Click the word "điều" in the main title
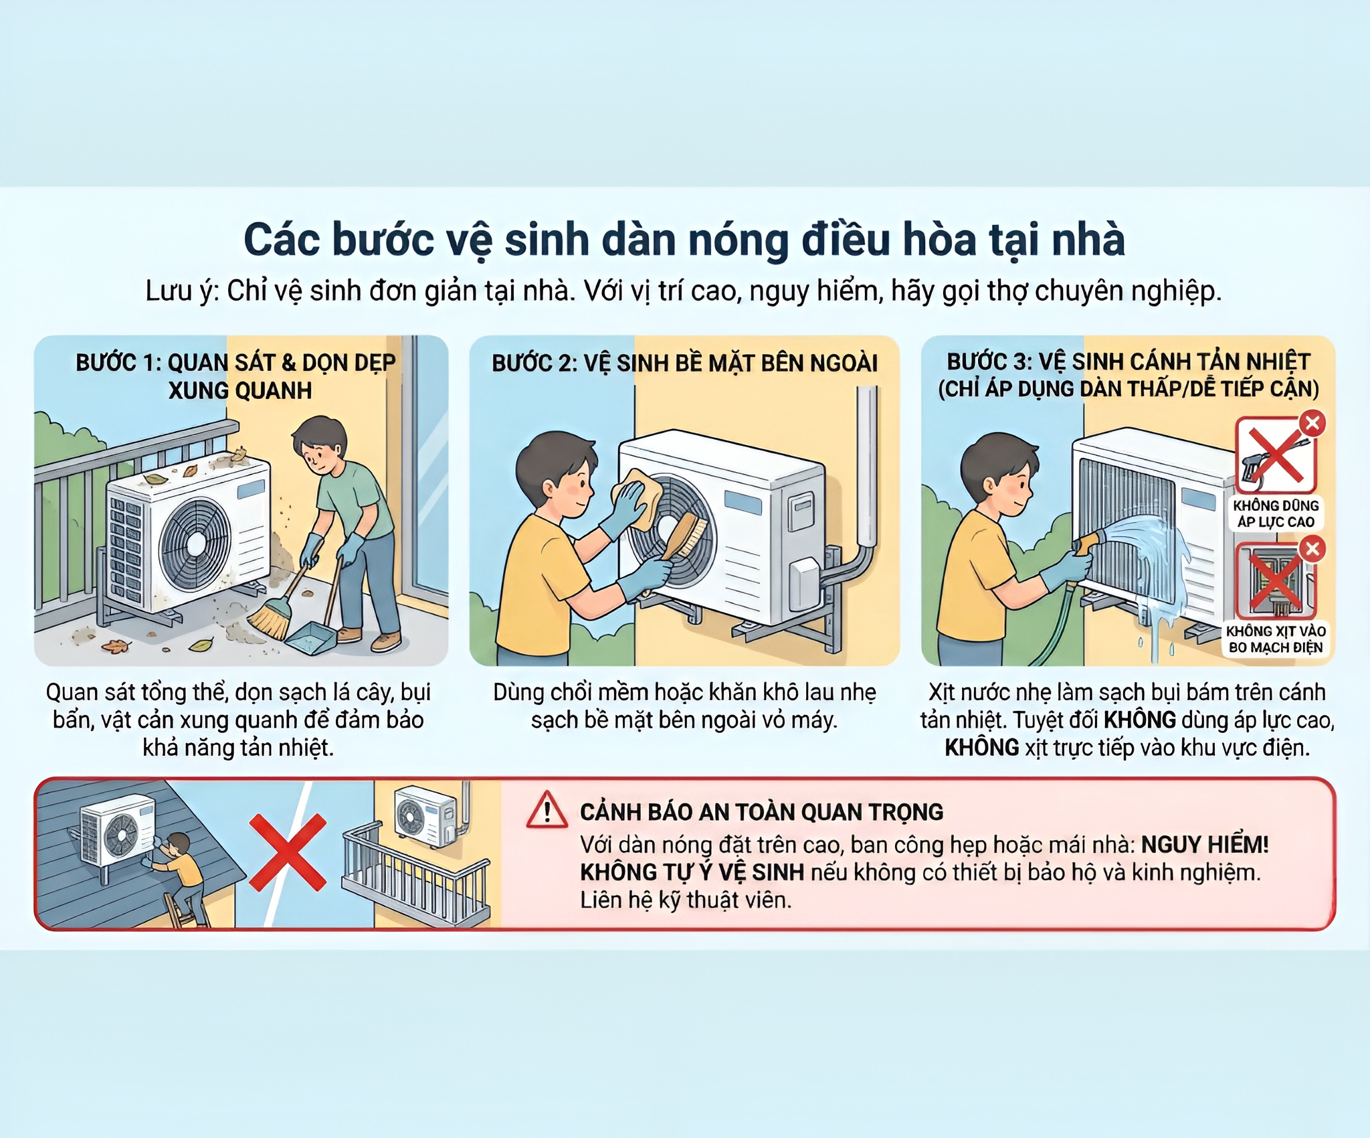pos(846,240)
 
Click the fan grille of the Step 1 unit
pos(195,544)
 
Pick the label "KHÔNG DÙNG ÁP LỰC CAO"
pos(1276,514)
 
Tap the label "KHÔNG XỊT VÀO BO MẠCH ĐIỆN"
pos(1276,639)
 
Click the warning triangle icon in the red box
pos(547,811)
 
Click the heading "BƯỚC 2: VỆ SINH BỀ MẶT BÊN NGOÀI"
pos(684,363)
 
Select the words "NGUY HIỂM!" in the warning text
pos(1204,845)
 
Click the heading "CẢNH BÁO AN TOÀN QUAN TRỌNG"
pos(761,812)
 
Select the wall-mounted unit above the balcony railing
pos(425,817)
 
